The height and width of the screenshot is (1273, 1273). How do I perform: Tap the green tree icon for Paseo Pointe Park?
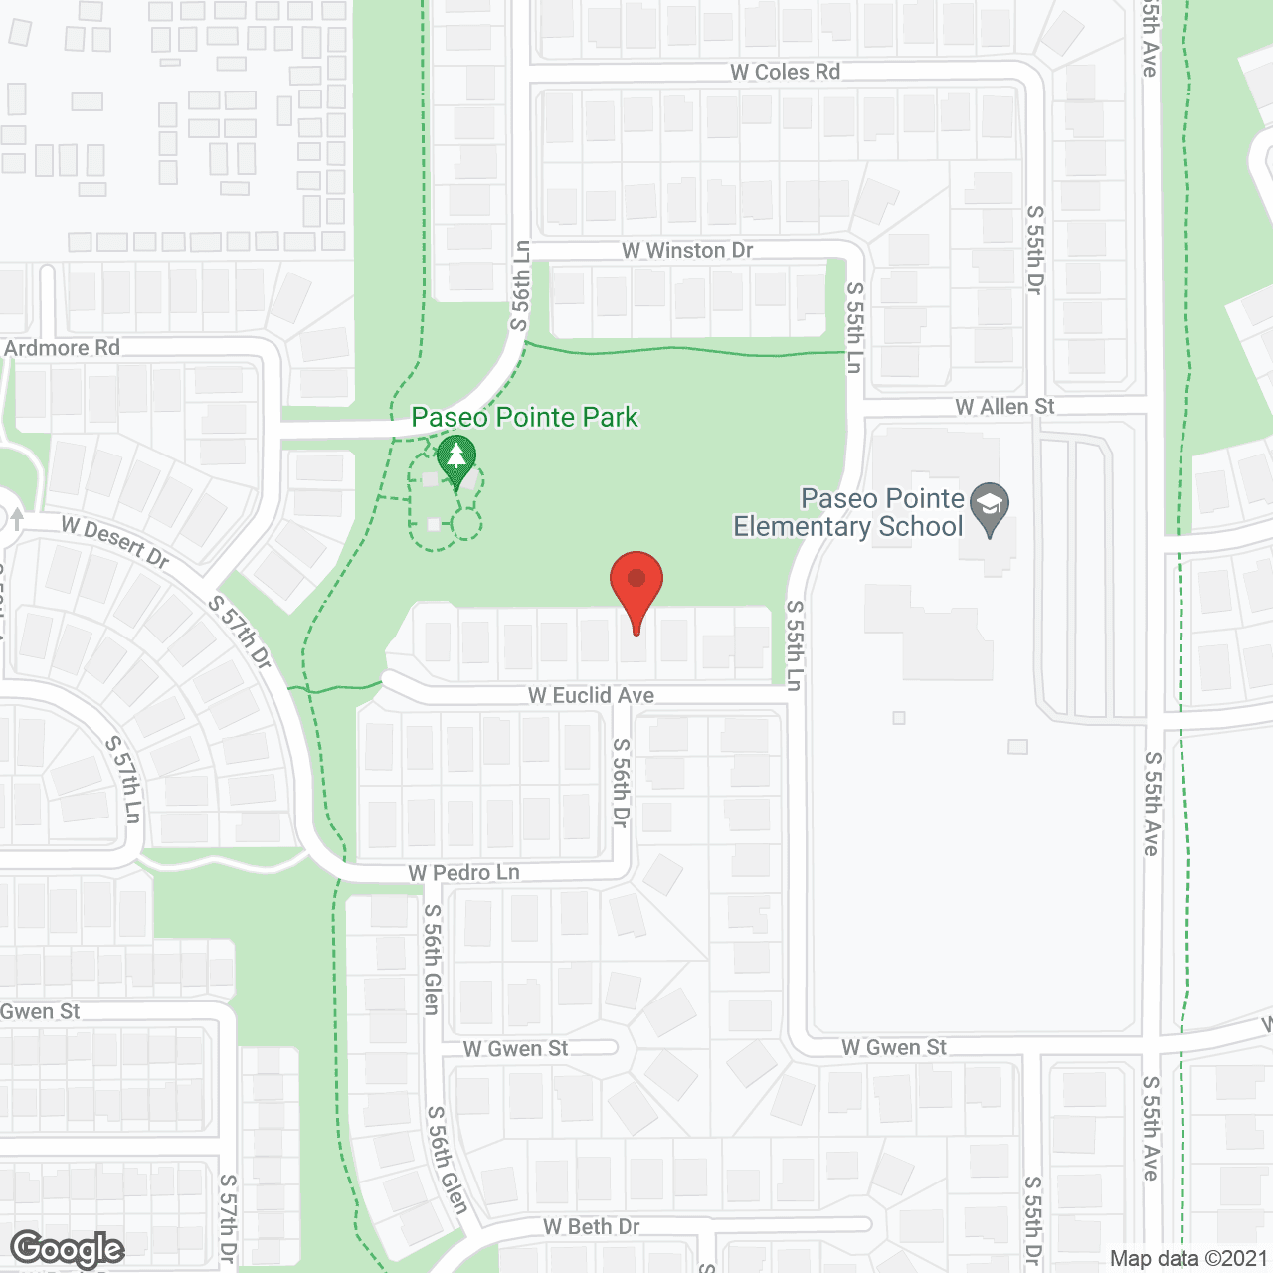pyautogui.click(x=456, y=459)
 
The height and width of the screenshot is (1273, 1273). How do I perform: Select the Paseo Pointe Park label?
pyautogui.click(x=524, y=417)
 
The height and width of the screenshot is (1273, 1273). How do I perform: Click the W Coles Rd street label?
pyautogui.click(x=785, y=72)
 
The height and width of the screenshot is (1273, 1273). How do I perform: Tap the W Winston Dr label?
pyautogui.click(x=687, y=250)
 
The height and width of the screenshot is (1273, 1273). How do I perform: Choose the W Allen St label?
pyautogui.click(x=1004, y=406)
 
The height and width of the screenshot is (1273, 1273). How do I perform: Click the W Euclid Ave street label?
pyautogui.click(x=591, y=695)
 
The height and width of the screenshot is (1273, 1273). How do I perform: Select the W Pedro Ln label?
pyautogui.click(x=463, y=872)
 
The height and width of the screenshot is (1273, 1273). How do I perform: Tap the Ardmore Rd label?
pyautogui.click(x=62, y=348)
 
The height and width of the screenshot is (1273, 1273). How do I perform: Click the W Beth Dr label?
pyautogui.click(x=591, y=1226)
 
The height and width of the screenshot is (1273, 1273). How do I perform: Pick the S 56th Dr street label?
pyautogui.click(x=621, y=782)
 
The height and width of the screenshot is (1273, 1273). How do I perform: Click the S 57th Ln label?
pyautogui.click(x=124, y=779)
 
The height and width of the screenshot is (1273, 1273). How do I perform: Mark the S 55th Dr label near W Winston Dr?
pyautogui.click(x=1035, y=250)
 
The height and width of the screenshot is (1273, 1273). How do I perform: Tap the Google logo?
pyautogui.click(x=67, y=1249)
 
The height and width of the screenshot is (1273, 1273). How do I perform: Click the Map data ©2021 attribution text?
pyautogui.click(x=1188, y=1258)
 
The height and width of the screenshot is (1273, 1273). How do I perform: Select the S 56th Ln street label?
pyautogui.click(x=521, y=285)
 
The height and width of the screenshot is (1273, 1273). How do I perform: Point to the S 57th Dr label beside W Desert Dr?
pyautogui.click(x=240, y=632)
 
